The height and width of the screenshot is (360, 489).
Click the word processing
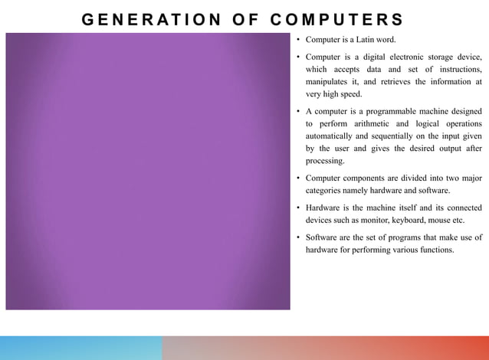point(325,161)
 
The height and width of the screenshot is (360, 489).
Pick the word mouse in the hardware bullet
point(452,221)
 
